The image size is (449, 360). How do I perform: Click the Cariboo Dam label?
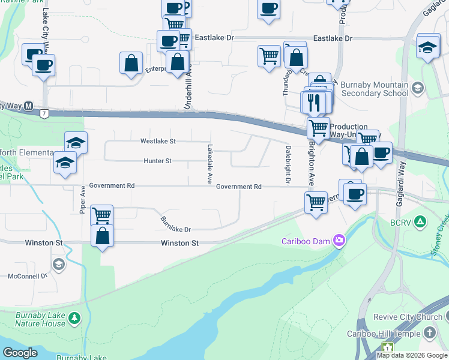pos(307,241)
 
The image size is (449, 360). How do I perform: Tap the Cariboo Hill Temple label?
pos(384,333)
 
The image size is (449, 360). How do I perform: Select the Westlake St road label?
pos(158,142)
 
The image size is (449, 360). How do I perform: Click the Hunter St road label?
pos(158,161)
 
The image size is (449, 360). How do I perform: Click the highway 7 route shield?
pos(43,113)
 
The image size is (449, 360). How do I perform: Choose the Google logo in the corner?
pos(20,353)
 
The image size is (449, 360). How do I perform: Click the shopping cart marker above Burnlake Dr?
pos(101,215)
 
